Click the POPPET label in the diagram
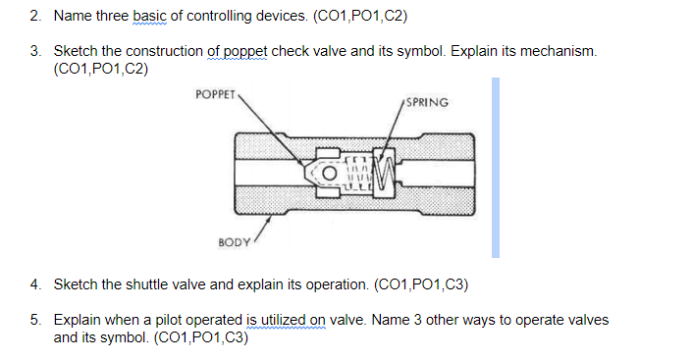pyautogui.click(x=215, y=94)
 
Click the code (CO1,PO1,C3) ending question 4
pyautogui.click(x=421, y=285)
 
